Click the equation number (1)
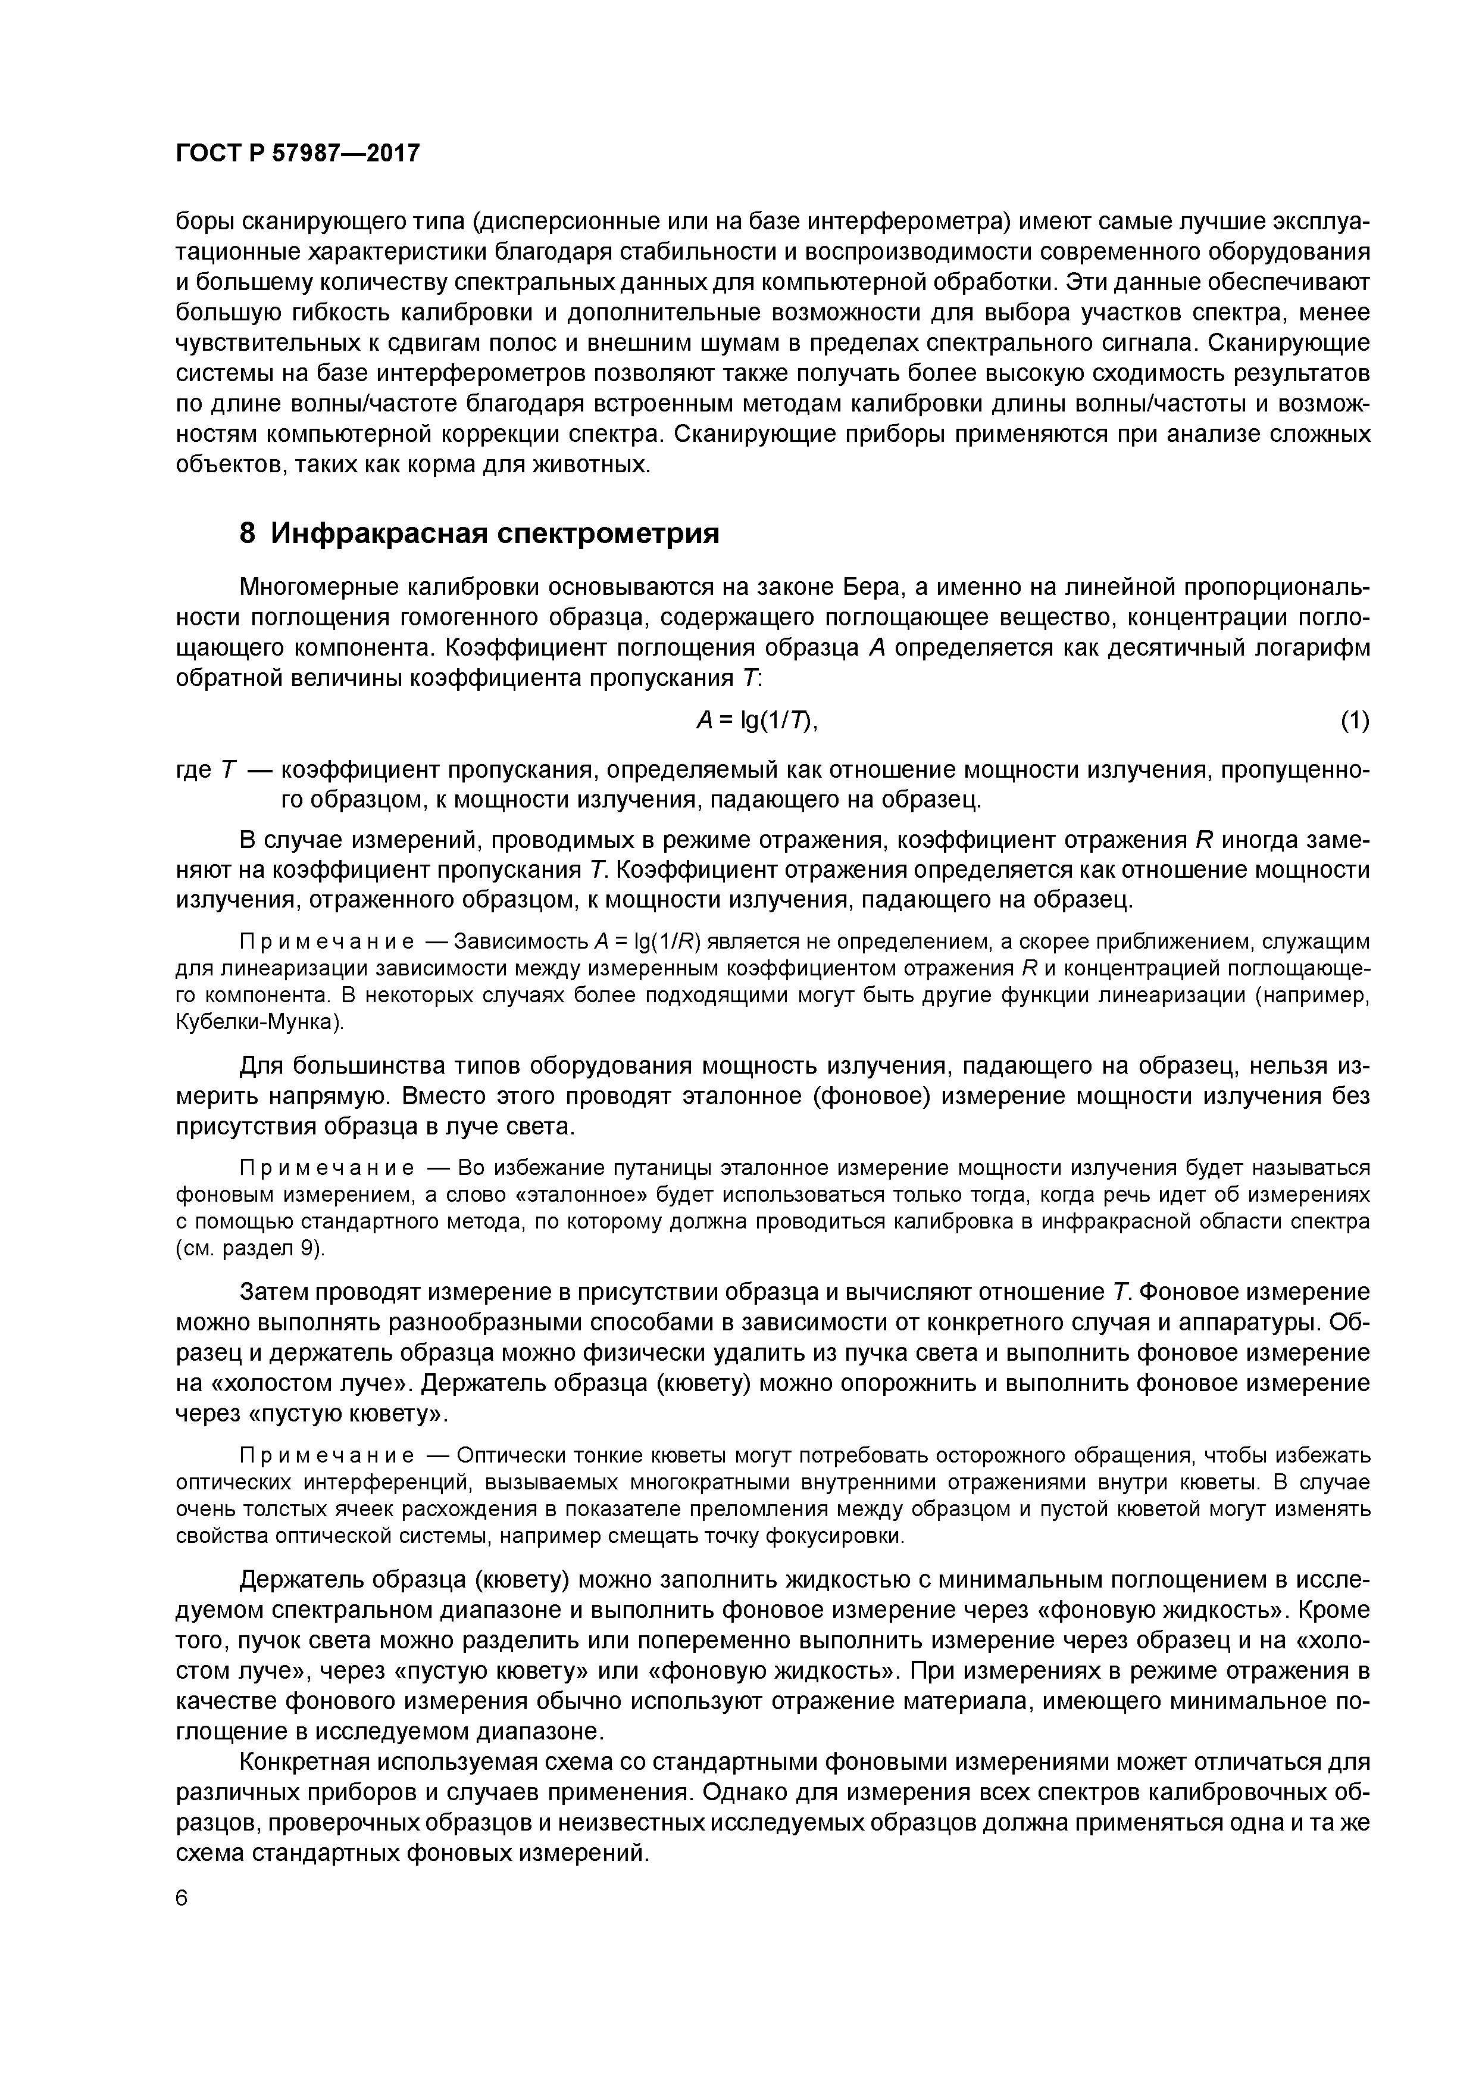coord(1354,721)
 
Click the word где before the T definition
coord(193,771)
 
